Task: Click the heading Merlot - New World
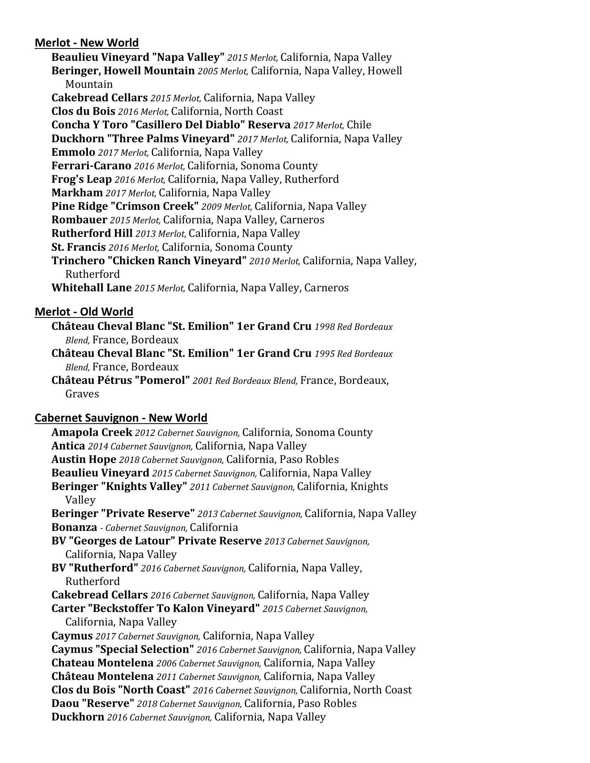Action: [87, 43]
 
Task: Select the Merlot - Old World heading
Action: [84, 312]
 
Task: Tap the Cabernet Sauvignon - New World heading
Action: [121, 418]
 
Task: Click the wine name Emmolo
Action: [73, 152]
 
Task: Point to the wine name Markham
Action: [77, 193]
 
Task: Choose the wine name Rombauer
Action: [79, 220]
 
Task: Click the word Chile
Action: [359, 125]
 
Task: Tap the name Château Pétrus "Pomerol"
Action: [120, 380]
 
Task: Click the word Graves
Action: [82, 394]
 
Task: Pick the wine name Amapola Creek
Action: [91, 432]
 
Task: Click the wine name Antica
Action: [68, 446]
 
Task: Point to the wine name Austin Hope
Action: [83, 459]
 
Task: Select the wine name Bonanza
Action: [74, 527]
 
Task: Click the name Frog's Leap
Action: [81, 179]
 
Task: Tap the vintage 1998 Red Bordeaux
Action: [353, 327]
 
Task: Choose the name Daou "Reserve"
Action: [93, 703]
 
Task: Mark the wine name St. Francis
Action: [78, 247]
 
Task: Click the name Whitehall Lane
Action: [91, 288]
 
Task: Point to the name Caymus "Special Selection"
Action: [122, 649]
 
